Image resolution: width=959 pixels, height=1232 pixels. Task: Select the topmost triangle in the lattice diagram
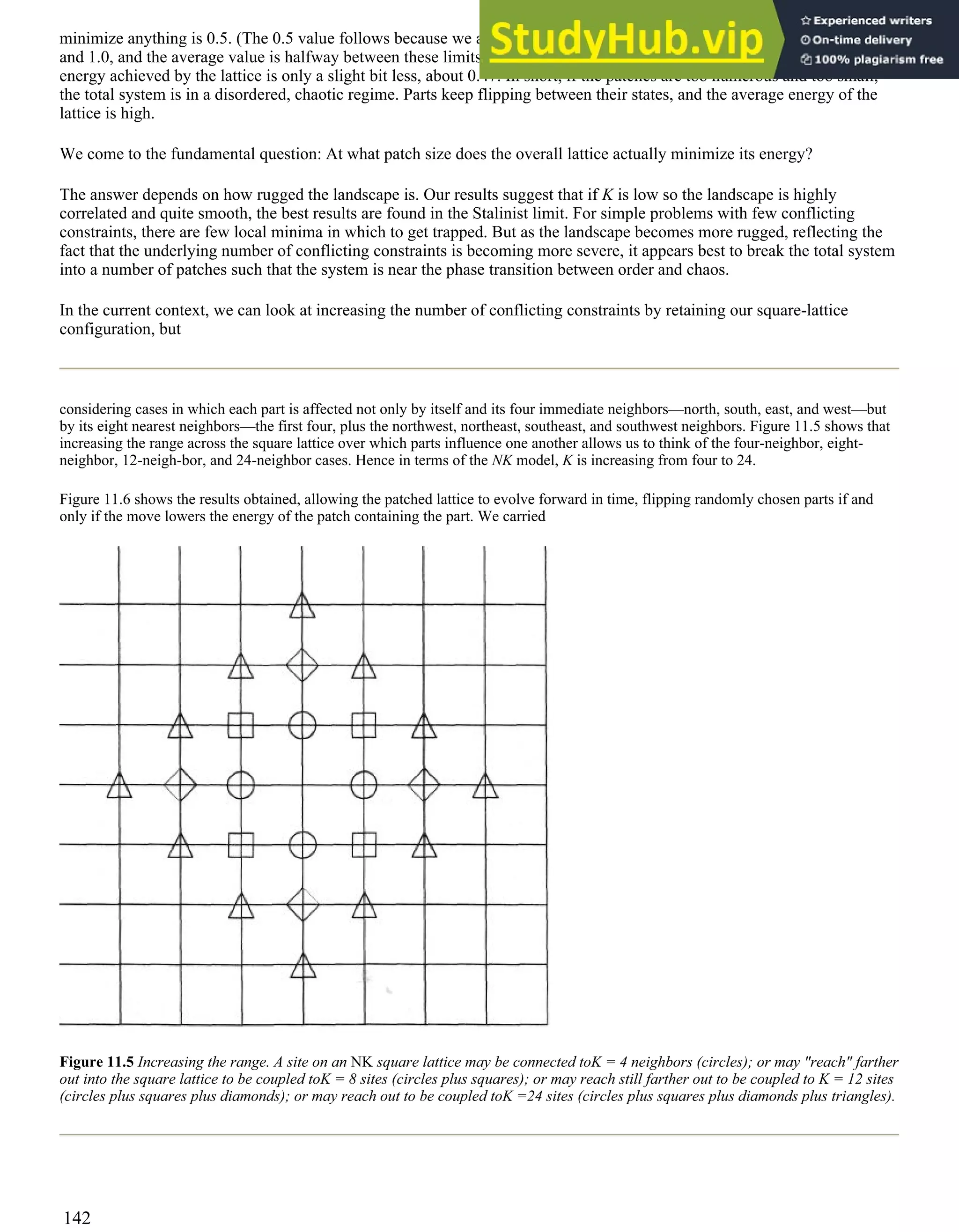pyautogui.click(x=302, y=606)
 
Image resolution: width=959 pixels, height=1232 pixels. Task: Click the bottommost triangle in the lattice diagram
pyautogui.click(x=303, y=967)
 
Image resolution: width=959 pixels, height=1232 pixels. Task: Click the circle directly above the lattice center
pyautogui.click(x=302, y=725)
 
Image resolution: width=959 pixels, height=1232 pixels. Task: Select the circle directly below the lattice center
pyautogui.click(x=302, y=845)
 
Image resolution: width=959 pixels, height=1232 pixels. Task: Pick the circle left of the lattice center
pyautogui.click(x=241, y=785)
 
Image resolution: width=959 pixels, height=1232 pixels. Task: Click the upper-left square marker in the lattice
pyautogui.click(x=241, y=725)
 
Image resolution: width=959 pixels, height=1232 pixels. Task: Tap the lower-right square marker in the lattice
pyautogui.click(x=364, y=845)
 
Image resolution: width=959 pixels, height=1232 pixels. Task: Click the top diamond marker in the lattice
pyautogui.click(x=302, y=665)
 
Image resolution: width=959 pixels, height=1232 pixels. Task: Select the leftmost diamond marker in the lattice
pyautogui.click(x=180, y=785)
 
